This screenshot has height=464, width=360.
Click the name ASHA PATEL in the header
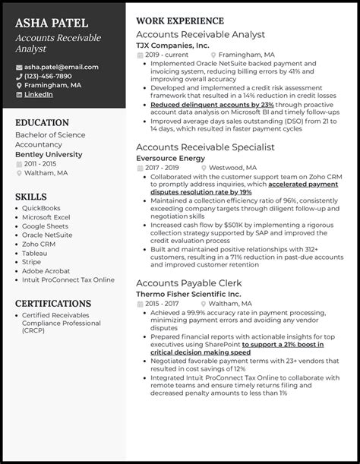pyautogui.click(x=51, y=24)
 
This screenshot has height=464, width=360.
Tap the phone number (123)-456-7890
pyautogui.click(x=48, y=76)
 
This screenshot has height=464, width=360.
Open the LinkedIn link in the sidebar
pyautogui.click(x=39, y=94)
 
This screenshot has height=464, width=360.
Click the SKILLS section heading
pyautogui.click(x=31, y=197)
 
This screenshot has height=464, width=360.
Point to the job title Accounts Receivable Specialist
pyautogui.click(x=205, y=147)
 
